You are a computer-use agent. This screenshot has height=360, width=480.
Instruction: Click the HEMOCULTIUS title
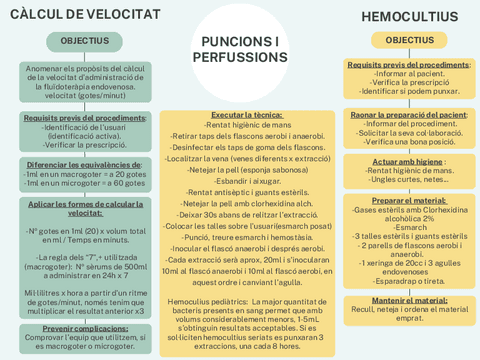[409, 17]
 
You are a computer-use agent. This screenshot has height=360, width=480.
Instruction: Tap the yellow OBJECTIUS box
[409, 40]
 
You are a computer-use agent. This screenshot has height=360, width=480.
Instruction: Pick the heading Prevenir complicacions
[84, 328]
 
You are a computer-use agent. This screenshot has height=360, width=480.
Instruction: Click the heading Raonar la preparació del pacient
[408, 115]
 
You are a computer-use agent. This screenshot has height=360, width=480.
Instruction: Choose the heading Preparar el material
[408, 199]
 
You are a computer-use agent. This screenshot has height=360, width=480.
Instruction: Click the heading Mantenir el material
[408, 299]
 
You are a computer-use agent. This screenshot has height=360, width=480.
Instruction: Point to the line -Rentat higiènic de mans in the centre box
[240, 125]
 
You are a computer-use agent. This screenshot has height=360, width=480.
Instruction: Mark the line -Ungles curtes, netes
[408, 180]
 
